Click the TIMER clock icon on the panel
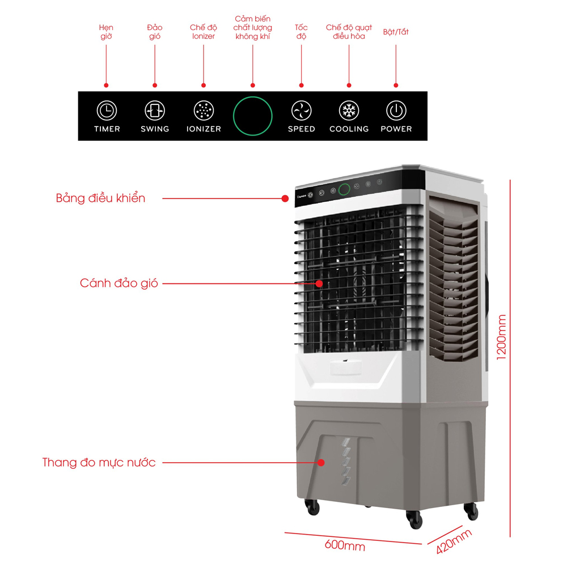pos(107,110)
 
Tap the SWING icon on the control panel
pos(155,110)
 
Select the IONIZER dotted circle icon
pos(204,110)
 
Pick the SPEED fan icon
pos(301,110)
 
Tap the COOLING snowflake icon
pos(349,110)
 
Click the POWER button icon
pos(396,110)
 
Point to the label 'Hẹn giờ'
pos(106,32)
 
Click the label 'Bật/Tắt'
pos(396,32)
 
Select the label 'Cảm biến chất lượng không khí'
pos(253,28)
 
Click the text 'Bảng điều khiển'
pos(101,198)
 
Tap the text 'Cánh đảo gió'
pos(119,283)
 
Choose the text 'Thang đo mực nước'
pos(99,462)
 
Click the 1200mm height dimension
pos(502,337)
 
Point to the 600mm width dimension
pos(345,546)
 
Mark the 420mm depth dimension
pos(454,541)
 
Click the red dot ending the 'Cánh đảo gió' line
pos(319,282)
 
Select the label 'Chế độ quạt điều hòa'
pos(349,32)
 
